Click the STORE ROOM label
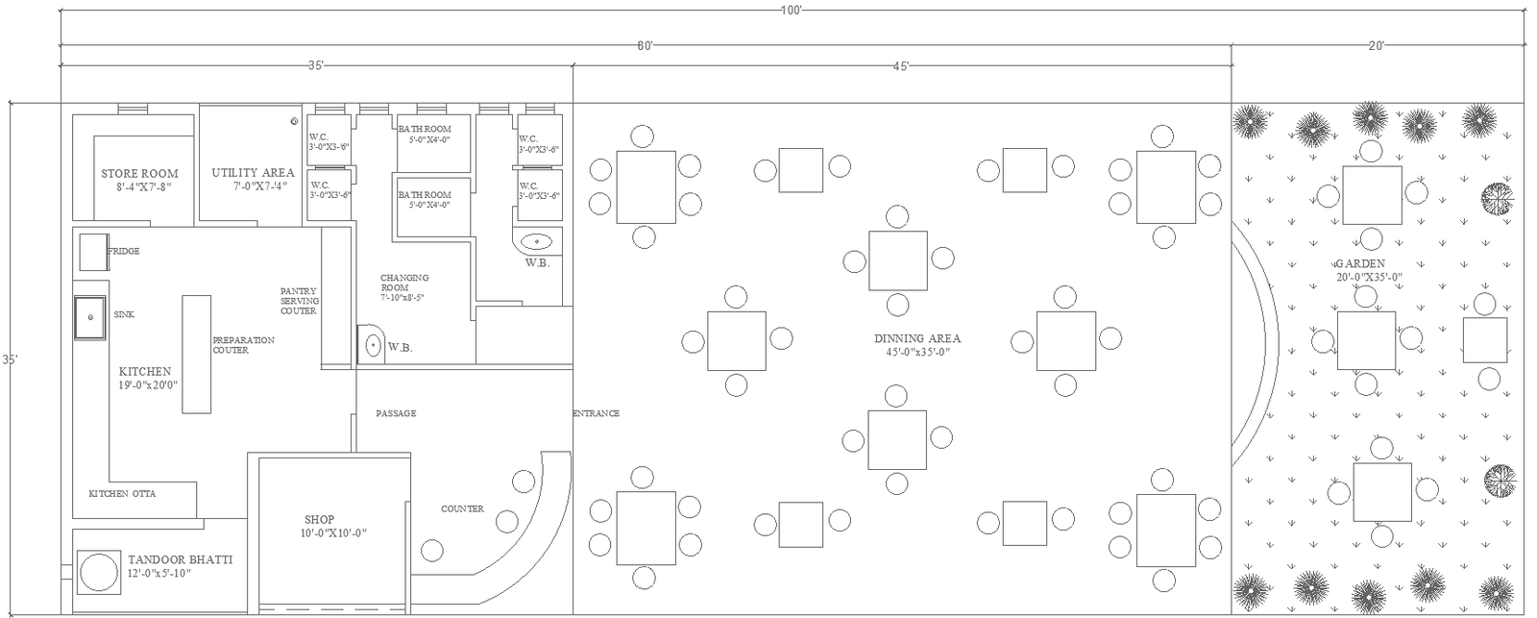[x=135, y=174]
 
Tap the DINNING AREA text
[x=916, y=338]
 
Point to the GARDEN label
[x=1359, y=263]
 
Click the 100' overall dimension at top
[x=791, y=9]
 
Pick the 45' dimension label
[x=900, y=66]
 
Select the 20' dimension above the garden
[x=1376, y=45]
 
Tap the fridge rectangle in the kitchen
[x=92, y=252]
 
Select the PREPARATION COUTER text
[x=243, y=345]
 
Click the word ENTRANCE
[x=596, y=413]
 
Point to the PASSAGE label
[x=396, y=413]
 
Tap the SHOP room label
[x=319, y=520]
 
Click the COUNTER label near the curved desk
[x=462, y=508]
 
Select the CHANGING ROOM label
[x=404, y=283]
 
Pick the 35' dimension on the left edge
[x=9, y=359]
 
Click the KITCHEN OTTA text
[x=122, y=493]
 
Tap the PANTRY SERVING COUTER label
[x=299, y=300]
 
